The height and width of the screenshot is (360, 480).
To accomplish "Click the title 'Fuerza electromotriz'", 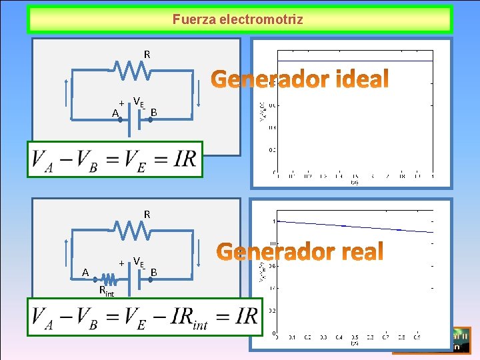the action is [238, 19].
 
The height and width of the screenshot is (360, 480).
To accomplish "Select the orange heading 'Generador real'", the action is [301, 252].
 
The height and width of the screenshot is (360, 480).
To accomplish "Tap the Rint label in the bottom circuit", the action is [106, 291].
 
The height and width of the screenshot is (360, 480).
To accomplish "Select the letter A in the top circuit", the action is [115, 114].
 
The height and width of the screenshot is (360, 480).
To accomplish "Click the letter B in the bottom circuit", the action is [153, 272].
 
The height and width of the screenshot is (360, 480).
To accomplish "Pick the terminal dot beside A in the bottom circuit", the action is [95, 279].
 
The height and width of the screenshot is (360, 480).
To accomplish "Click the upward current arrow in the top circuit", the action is [67, 93].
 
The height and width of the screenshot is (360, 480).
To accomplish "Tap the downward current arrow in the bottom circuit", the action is [198, 253].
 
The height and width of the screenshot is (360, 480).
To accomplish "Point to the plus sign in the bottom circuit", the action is [121, 263].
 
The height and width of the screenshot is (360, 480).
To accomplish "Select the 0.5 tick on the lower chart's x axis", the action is [355, 337].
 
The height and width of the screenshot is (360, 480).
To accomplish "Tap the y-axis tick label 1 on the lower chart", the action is [274, 221].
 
